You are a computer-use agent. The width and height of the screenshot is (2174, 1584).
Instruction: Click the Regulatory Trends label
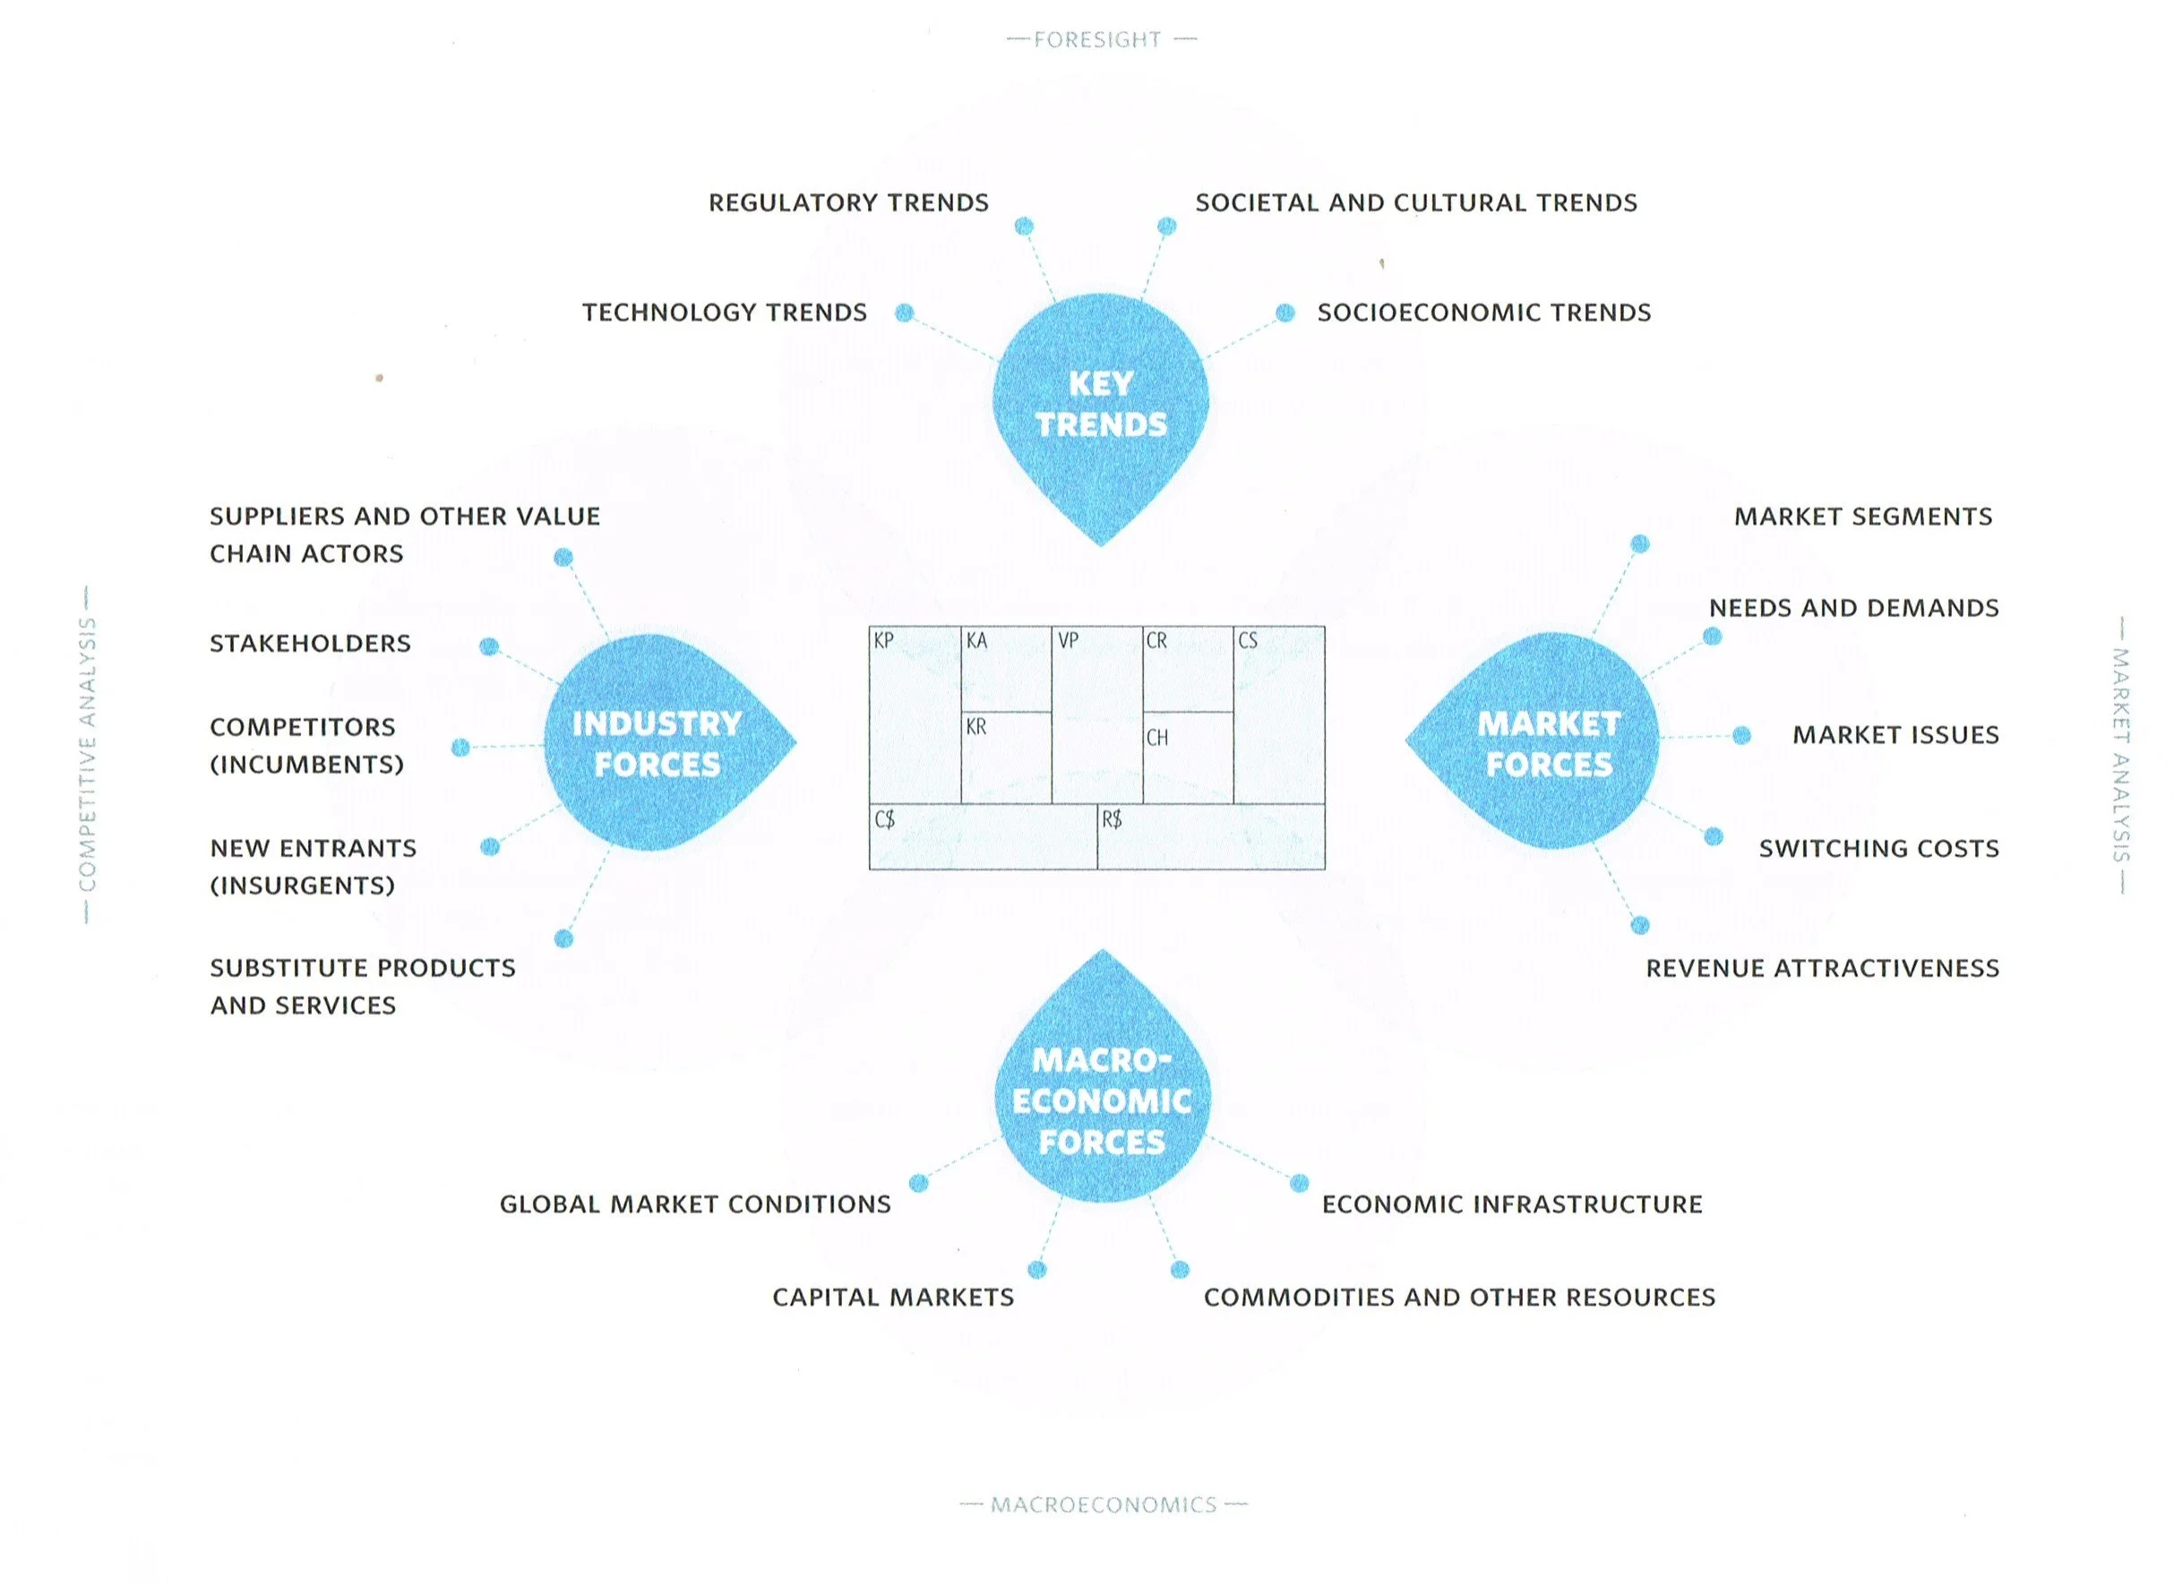pyautogui.click(x=848, y=203)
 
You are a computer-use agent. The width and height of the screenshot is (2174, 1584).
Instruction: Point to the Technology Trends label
pyautogui.click(x=724, y=313)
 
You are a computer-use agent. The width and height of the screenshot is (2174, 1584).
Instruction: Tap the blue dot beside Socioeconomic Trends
pyautogui.click(x=1285, y=313)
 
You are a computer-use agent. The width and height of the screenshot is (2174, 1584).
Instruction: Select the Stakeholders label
pyautogui.click(x=310, y=644)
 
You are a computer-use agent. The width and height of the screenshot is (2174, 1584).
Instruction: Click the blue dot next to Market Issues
pyautogui.click(x=1741, y=735)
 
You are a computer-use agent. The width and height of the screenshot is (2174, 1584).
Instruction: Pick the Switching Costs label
pyautogui.click(x=1878, y=849)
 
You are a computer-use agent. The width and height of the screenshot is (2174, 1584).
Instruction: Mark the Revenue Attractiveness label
pyautogui.click(x=1822, y=969)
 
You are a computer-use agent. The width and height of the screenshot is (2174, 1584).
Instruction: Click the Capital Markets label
pyautogui.click(x=893, y=1297)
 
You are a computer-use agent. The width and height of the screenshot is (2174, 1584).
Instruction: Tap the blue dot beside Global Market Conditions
pyautogui.click(x=919, y=1182)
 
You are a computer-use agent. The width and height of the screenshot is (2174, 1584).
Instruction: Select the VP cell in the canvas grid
pyautogui.click(x=1097, y=715)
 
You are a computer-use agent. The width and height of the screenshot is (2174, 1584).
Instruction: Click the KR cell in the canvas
pyautogui.click(x=1006, y=758)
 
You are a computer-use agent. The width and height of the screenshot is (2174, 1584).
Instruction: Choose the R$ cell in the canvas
pyautogui.click(x=1210, y=837)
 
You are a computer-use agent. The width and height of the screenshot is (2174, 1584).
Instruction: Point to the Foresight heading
pyautogui.click(x=1098, y=40)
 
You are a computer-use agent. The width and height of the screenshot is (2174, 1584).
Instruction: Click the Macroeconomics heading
pyautogui.click(x=1103, y=1505)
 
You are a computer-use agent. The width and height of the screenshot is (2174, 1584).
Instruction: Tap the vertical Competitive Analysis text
pyautogui.click(x=88, y=755)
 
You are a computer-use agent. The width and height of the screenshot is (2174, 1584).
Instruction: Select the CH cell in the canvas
pyautogui.click(x=1187, y=758)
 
